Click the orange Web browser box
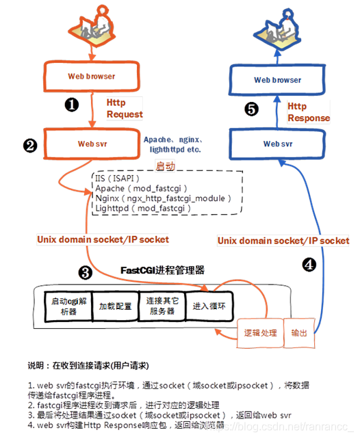[x=91, y=76]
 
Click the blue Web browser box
[x=277, y=80]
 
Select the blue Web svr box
[x=277, y=144]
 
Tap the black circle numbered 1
[x=72, y=105]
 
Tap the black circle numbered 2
[x=29, y=145]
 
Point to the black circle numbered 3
[x=86, y=274]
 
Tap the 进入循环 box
[x=208, y=305]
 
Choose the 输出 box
[x=299, y=333]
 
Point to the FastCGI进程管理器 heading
[x=162, y=270]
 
